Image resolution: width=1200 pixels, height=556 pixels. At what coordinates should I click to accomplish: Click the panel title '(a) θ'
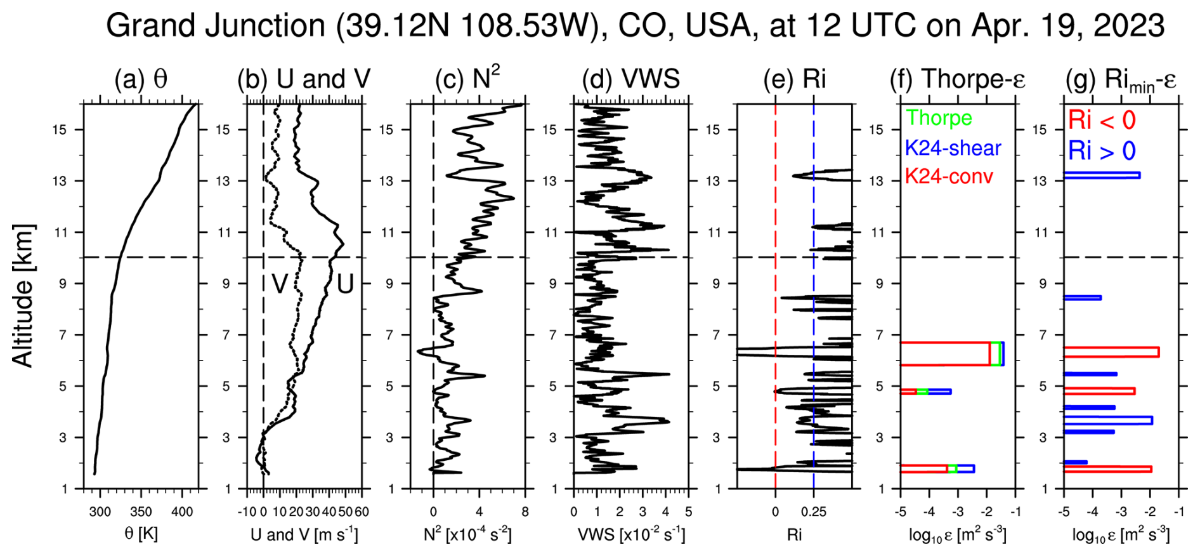[141, 80]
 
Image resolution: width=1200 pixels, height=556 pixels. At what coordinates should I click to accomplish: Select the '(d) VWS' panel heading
[631, 80]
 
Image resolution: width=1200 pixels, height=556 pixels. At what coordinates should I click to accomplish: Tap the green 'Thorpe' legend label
[939, 118]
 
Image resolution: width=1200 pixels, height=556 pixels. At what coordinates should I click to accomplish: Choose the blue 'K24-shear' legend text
[953, 148]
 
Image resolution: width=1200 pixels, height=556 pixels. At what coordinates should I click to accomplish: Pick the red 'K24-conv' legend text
[948, 176]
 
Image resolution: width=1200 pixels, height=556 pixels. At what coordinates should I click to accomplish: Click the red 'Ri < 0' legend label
[1102, 120]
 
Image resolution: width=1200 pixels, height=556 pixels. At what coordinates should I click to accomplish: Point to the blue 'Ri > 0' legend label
[1102, 151]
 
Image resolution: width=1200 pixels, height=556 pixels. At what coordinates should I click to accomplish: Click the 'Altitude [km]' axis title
[23, 296]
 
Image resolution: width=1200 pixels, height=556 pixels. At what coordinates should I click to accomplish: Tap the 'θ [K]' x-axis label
[141, 534]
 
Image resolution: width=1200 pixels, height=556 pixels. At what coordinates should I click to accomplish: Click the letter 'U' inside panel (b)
[345, 284]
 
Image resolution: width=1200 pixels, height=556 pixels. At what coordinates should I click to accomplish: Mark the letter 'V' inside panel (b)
[280, 284]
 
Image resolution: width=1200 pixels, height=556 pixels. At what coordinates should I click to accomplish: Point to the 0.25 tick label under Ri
[814, 512]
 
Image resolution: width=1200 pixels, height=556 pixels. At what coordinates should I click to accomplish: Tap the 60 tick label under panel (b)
[362, 512]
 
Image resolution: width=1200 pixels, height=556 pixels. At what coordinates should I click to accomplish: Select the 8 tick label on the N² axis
[525, 512]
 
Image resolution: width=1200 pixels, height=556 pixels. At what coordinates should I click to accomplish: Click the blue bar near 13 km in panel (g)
[1102, 175]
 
